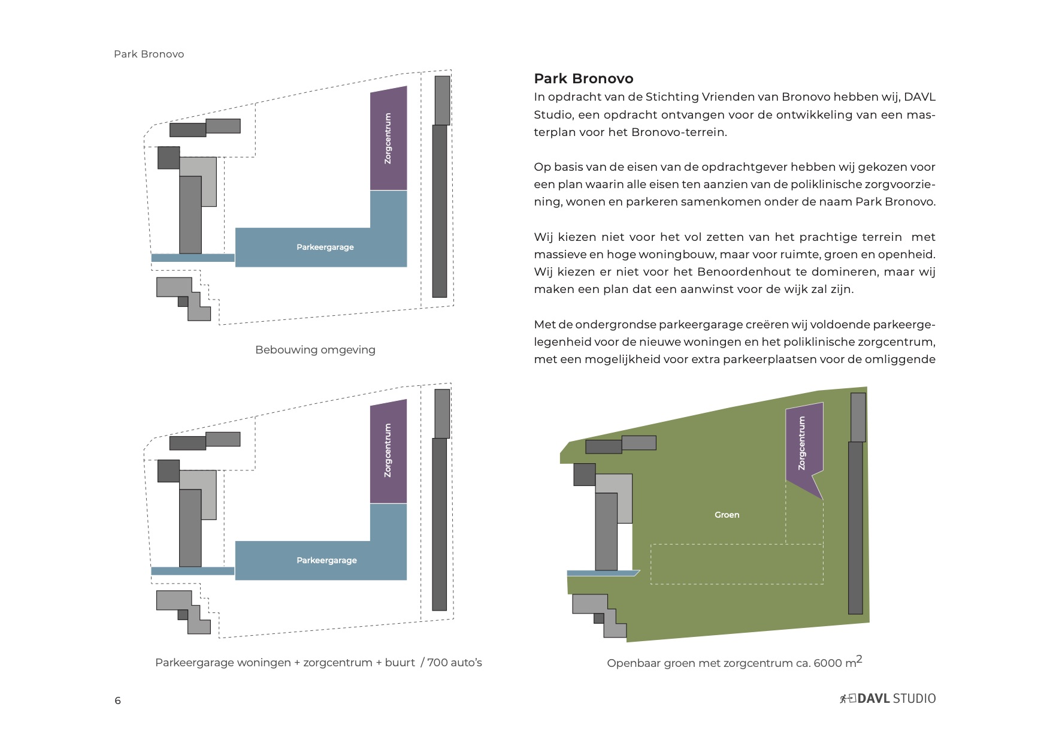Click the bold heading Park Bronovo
pyautogui.click(x=583, y=78)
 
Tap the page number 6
pyautogui.click(x=118, y=700)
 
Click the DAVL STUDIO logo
pyautogui.click(x=888, y=698)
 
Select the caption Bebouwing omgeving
pyautogui.click(x=315, y=350)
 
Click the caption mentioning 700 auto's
pyautogui.click(x=318, y=663)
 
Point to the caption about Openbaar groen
pyautogui.click(x=734, y=663)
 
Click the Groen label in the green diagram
pyautogui.click(x=727, y=515)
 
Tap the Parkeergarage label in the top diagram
pyautogui.click(x=325, y=247)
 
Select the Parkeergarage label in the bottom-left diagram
pyautogui.click(x=326, y=560)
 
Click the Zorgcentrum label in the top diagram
pyautogui.click(x=388, y=138)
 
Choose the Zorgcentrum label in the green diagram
pyautogui.click(x=803, y=443)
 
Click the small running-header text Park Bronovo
pyautogui.click(x=149, y=54)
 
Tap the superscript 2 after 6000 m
pyautogui.click(x=859, y=659)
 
